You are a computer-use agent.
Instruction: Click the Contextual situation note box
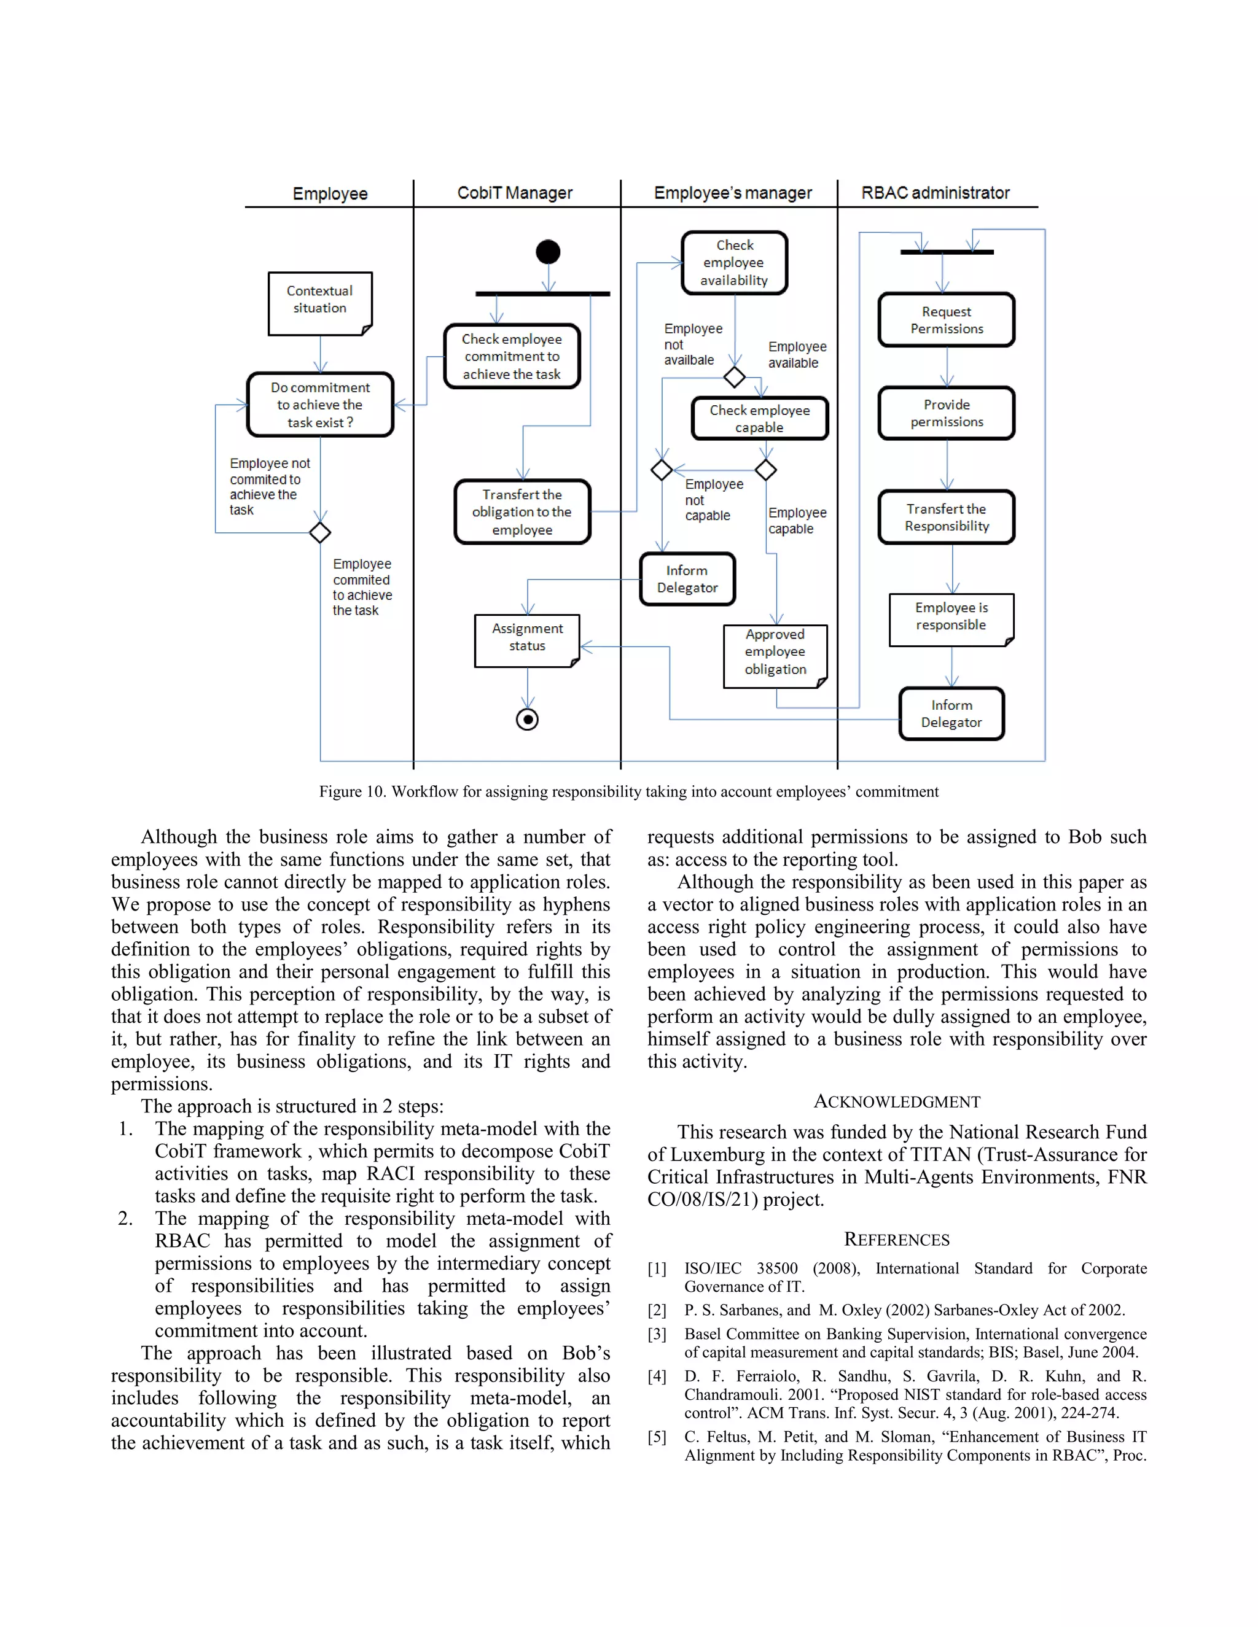(x=319, y=303)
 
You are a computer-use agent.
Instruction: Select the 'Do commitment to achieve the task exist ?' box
(x=319, y=405)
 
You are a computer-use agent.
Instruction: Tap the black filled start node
(x=548, y=252)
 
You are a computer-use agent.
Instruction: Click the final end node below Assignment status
(x=528, y=720)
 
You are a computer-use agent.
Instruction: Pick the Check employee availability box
(x=734, y=263)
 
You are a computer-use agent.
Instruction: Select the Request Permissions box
(x=947, y=320)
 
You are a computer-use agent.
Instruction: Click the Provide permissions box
(x=947, y=413)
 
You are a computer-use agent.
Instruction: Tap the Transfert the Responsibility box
(x=947, y=517)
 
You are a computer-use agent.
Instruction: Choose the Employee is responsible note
(x=951, y=619)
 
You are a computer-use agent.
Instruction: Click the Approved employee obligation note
(x=775, y=656)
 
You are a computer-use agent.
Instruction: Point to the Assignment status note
(x=527, y=640)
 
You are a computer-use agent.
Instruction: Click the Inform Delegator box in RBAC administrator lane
(x=951, y=713)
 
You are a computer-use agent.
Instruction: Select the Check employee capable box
(x=759, y=419)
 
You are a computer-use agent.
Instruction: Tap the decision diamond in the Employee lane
(x=319, y=533)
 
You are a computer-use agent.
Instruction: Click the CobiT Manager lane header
(x=515, y=193)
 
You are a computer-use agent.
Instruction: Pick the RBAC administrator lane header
(x=936, y=193)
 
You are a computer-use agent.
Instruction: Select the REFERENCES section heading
(x=897, y=1240)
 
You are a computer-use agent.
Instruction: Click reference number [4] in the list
(x=657, y=1377)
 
